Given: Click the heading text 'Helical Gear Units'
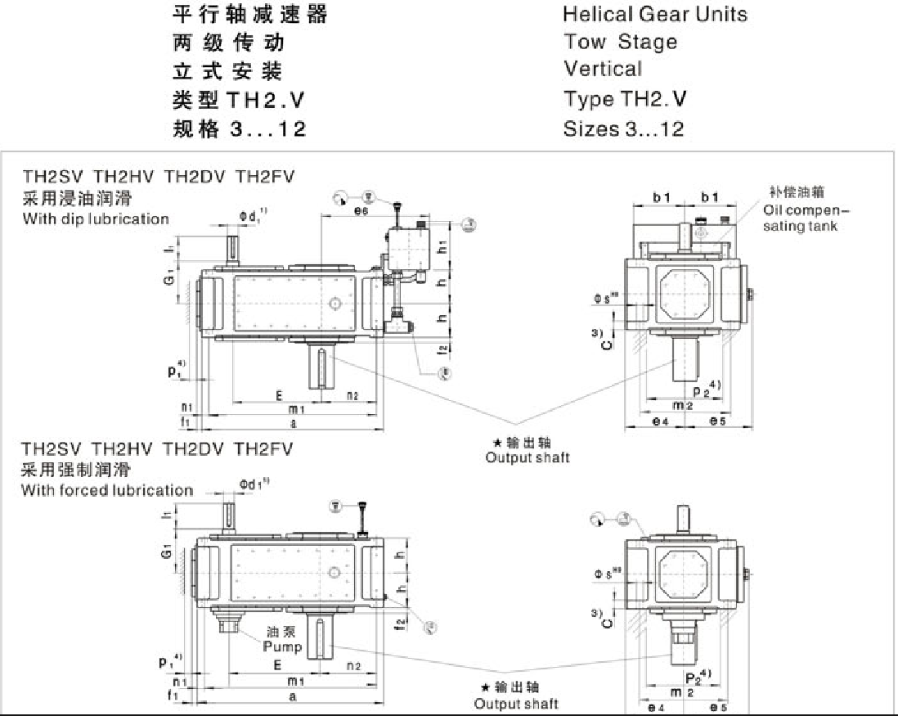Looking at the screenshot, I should (x=654, y=14).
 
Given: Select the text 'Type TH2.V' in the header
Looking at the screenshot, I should (x=625, y=99).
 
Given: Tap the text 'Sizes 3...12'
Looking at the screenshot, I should (x=623, y=128).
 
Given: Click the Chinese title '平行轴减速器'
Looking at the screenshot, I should (x=250, y=14).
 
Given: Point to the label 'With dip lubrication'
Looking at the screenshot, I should (x=96, y=218).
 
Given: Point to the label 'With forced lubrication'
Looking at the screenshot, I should (x=107, y=490).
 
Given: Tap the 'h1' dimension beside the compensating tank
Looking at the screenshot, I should (x=442, y=245).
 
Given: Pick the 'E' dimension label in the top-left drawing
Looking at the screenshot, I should (x=279, y=395).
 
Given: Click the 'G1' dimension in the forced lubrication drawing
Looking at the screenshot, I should (x=168, y=555).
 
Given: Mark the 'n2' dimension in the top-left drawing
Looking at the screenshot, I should (x=352, y=395).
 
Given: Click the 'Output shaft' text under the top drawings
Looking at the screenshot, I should (x=527, y=457).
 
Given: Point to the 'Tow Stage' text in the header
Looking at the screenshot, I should (x=620, y=42).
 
